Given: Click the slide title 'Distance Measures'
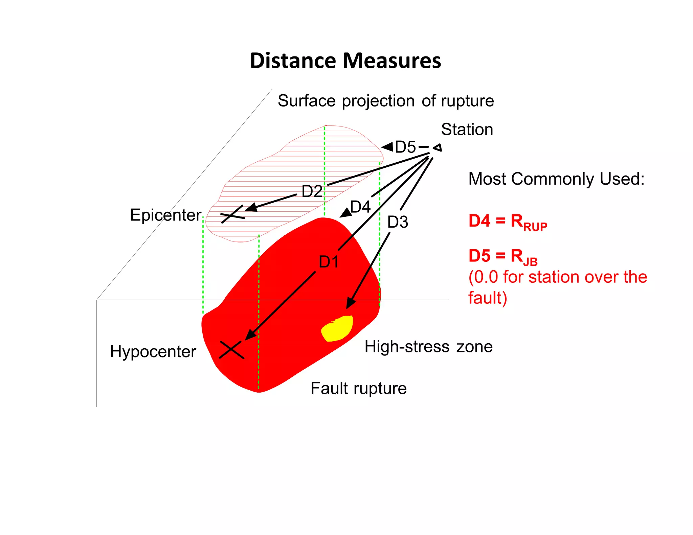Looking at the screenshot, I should coord(345,61).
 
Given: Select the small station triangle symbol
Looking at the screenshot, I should coord(438,148).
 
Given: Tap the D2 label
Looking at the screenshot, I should coord(312,191).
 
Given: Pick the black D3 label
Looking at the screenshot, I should coord(398,222).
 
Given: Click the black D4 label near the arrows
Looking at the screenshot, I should coord(360,207).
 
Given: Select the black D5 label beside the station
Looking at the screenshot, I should coord(405,147).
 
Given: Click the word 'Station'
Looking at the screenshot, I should coord(467,130).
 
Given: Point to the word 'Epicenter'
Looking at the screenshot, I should coord(165,215).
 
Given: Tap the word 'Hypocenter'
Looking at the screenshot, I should coord(153,352).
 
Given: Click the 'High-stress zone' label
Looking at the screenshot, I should coord(428,347).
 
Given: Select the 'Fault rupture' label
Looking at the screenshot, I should coord(358,388).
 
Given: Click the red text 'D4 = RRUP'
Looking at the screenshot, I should coord(508,222).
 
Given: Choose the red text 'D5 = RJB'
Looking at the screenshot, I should coord(503,257).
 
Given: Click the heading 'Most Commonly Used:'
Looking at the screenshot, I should coord(556,179).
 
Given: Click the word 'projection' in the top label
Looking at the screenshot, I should coord(378,101).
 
